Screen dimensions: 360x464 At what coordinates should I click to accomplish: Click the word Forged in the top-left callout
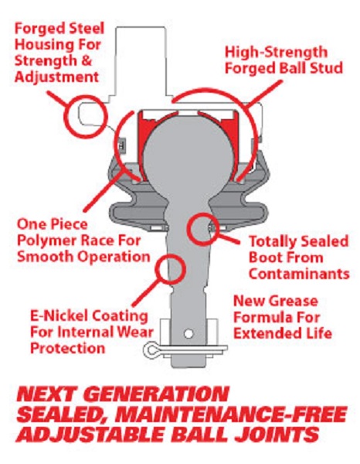coord(36,29)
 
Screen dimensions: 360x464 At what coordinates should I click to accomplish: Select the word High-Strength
coord(276,52)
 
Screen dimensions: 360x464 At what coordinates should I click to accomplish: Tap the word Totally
coord(274,241)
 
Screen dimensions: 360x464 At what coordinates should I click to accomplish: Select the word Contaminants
coord(299,274)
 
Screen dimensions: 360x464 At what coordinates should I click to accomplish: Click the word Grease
coord(293,302)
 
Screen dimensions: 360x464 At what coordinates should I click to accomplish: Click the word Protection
coord(68,348)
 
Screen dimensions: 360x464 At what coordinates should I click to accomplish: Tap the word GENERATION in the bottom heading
coord(158,394)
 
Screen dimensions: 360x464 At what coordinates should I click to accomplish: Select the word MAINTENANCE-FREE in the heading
coord(230,415)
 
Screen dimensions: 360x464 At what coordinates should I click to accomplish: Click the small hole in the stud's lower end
coord(188,334)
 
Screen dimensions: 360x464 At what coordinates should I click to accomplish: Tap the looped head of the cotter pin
coord(151,350)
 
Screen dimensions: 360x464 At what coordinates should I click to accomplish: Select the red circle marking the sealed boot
coord(190,230)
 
